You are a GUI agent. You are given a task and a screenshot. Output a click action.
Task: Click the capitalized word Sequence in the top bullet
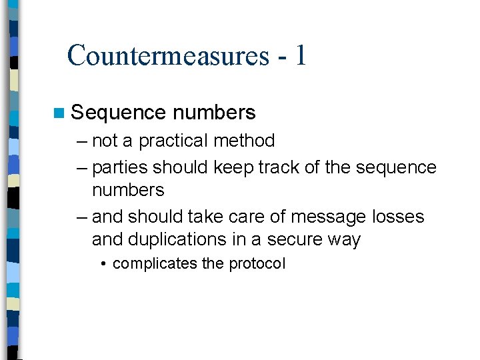(x=118, y=113)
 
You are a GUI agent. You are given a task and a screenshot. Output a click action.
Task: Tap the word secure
(x=297, y=239)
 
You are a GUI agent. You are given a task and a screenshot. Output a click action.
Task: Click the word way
(x=345, y=239)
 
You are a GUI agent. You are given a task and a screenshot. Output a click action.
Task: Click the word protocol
(x=257, y=263)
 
